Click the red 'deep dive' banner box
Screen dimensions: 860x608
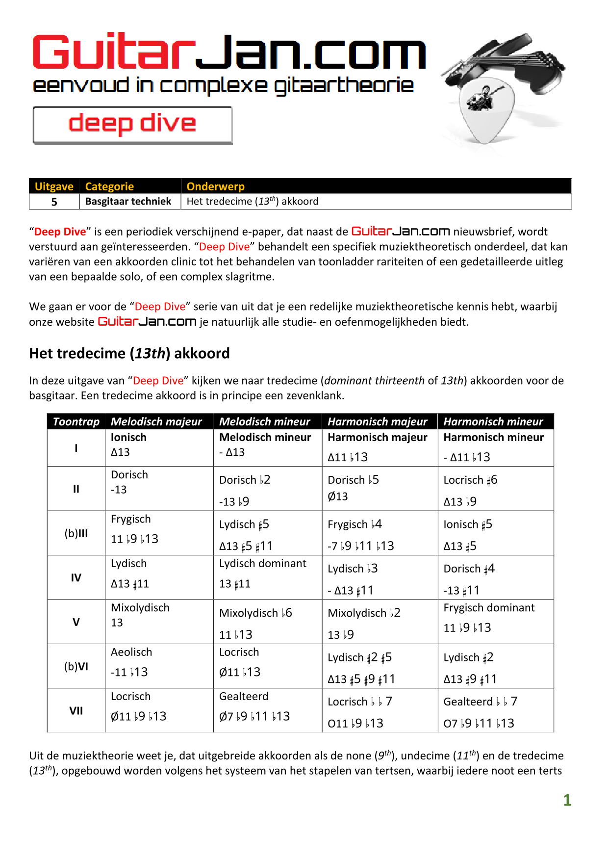132,125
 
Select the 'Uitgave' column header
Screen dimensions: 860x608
54,186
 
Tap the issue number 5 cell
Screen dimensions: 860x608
54,202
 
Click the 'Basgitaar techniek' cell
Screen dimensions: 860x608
128,201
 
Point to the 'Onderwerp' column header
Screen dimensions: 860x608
215,186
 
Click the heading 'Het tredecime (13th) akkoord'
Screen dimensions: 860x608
129,353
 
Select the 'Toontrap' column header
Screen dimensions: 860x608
76,421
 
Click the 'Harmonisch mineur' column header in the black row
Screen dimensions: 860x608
493,421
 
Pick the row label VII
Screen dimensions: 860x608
76,710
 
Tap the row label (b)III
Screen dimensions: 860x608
76,533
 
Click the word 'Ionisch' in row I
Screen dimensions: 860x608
128,437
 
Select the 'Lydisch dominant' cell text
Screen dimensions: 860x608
262,563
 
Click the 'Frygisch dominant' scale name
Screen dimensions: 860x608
489,607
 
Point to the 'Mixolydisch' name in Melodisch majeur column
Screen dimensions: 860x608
140,607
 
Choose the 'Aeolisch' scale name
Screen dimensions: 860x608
131,652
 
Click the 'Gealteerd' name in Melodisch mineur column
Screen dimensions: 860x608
244,696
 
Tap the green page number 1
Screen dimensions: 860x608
567,800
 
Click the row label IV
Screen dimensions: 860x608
76,577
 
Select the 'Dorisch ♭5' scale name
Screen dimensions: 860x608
353,480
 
